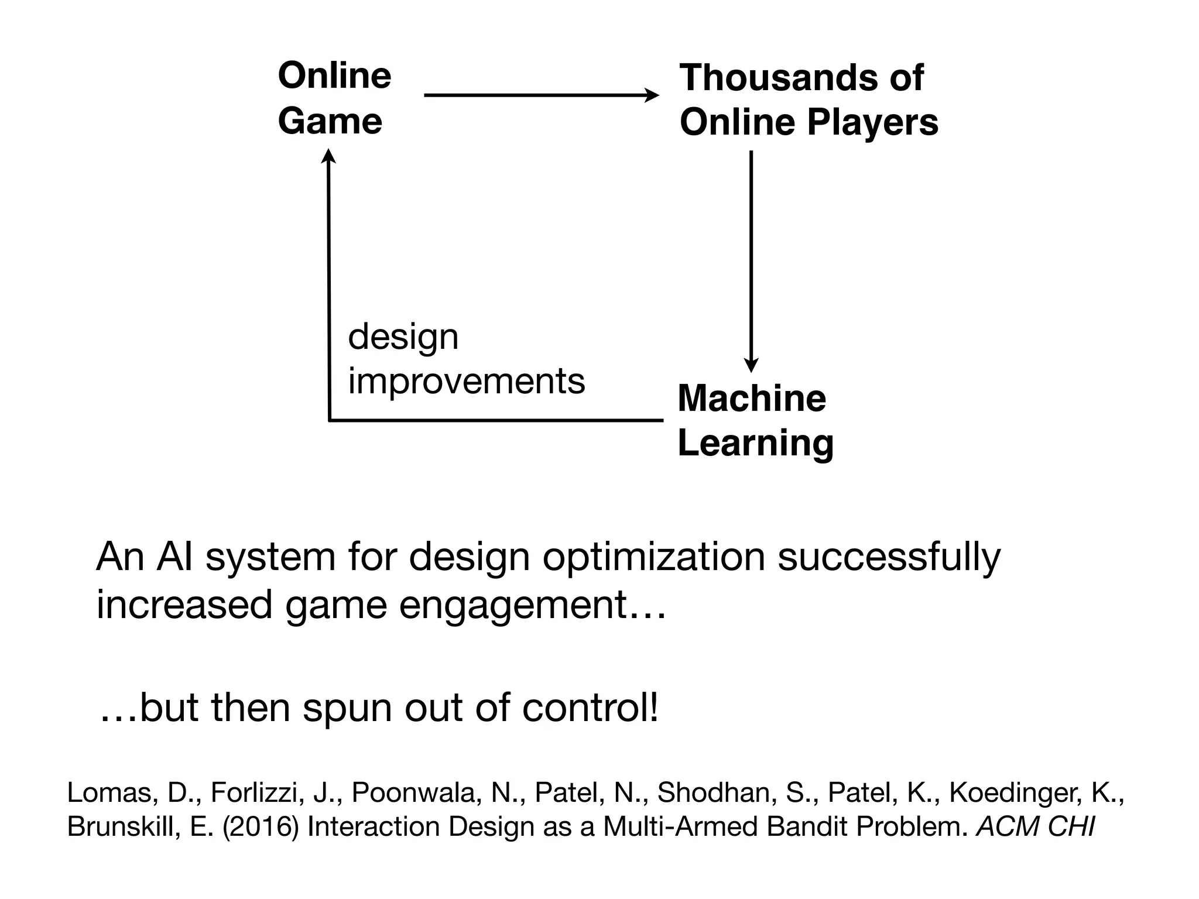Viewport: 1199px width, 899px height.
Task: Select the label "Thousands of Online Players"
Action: (x=808, y=100)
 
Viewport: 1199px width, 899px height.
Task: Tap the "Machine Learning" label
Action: (x=755, y=420)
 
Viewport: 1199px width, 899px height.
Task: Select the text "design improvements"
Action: (x=465, y=359)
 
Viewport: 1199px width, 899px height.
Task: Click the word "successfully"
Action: (x=889, y=557)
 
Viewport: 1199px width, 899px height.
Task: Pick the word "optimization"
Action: (x=653, y=557)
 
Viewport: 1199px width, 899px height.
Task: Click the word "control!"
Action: (x=590, y=707)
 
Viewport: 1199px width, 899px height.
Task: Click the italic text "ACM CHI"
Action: (x=1034, y=826)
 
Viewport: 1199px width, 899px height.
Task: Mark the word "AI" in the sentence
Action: (x=174, y=557)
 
